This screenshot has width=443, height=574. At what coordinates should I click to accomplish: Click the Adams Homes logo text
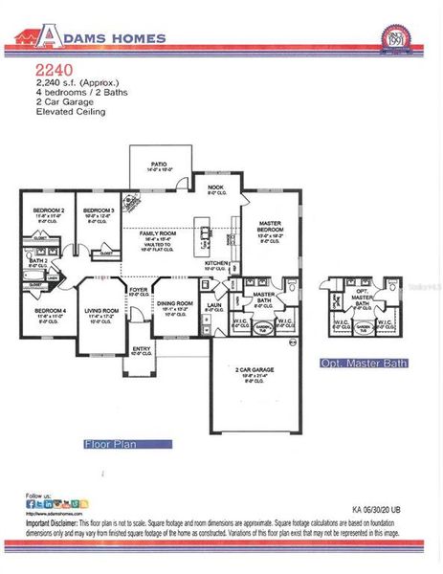[105, 38]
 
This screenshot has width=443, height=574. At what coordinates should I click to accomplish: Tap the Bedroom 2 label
[48, 210]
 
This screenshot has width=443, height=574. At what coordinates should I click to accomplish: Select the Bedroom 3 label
[98, 210]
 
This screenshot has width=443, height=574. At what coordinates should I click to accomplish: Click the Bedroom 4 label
[50, 311]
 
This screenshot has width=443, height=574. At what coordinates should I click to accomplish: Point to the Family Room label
[158, 233]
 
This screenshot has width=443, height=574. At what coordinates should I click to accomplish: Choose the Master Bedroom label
[270, 227]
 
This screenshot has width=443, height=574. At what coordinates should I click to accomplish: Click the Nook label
[215, 188]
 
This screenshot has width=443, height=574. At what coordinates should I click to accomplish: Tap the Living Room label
[100, 311]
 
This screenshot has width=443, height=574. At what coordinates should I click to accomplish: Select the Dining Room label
[176, 305]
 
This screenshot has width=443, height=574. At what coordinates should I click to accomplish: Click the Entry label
[141, 349]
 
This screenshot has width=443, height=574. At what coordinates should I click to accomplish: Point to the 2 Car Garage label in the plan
[255, 370]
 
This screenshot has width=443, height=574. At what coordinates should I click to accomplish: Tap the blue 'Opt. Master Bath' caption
[364, 363]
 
